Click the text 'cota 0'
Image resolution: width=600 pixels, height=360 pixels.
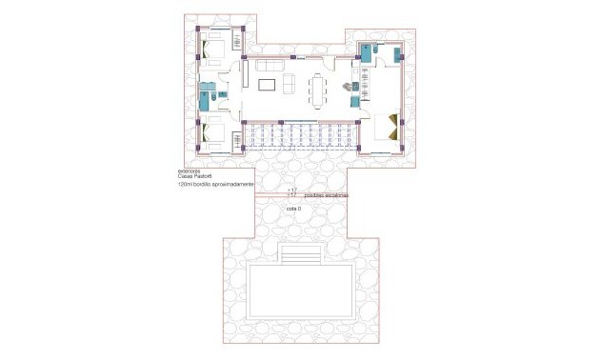pyautogui.click(x=293, y=208)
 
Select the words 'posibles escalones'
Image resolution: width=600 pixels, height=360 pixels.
pyautogui.click(x=326, y=195)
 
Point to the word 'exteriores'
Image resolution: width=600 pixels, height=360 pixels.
pyautogui.click(x=190, y=171)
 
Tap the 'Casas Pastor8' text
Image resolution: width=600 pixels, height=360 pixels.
pyautogui.click(x=193, y=177)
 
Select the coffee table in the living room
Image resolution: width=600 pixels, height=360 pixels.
pyautogui.click(x=268, y=86)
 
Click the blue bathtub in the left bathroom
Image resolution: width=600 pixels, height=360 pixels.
pyautogui.click(x=206, y=94)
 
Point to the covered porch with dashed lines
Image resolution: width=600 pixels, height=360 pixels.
pyautogui.click(x=300, y=138)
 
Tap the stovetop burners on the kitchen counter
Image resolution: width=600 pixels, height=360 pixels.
pyautogui.click(x=349, y=88)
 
